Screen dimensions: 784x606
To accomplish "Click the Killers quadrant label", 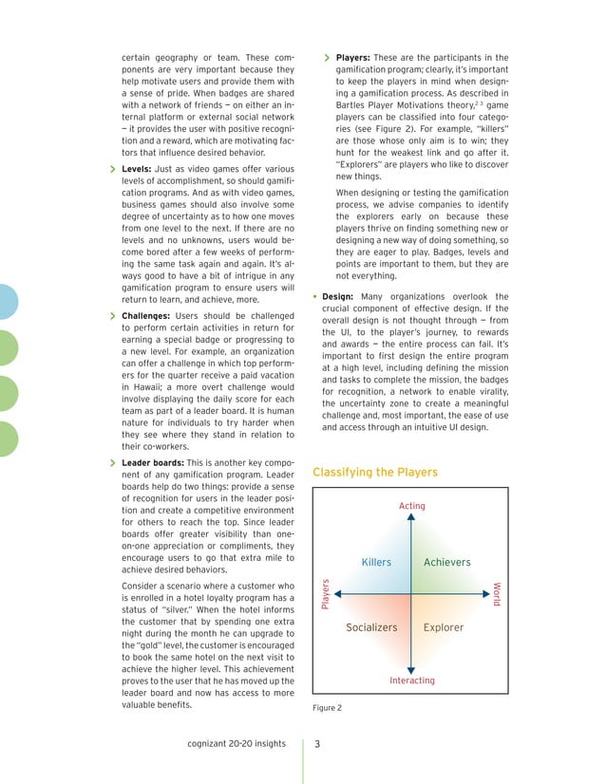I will [x=376, y=562].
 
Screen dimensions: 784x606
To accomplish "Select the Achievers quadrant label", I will [x=446, y=562].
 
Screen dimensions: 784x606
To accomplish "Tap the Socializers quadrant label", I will [x=371, y=627].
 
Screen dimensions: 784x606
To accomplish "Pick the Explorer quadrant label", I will [x=443, y=627].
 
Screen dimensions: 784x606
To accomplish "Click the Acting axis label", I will [x=411, y=506].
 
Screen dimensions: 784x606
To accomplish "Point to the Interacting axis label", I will [x=412, y=681].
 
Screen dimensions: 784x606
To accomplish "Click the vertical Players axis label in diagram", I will [x=326, y=594].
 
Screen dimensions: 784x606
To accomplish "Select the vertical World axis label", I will [x=497, y=595].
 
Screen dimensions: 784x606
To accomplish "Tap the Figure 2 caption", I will [x=327, y=708].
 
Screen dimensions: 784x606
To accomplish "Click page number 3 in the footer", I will [x=318, y=743].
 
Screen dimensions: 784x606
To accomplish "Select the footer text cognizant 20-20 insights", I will [x=237, y=743].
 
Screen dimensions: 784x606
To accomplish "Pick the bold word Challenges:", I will [x=148, y=315].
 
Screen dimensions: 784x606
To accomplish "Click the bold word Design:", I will [x=338, y=296].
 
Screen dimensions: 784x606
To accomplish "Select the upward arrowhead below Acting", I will [x=411, y=519].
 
